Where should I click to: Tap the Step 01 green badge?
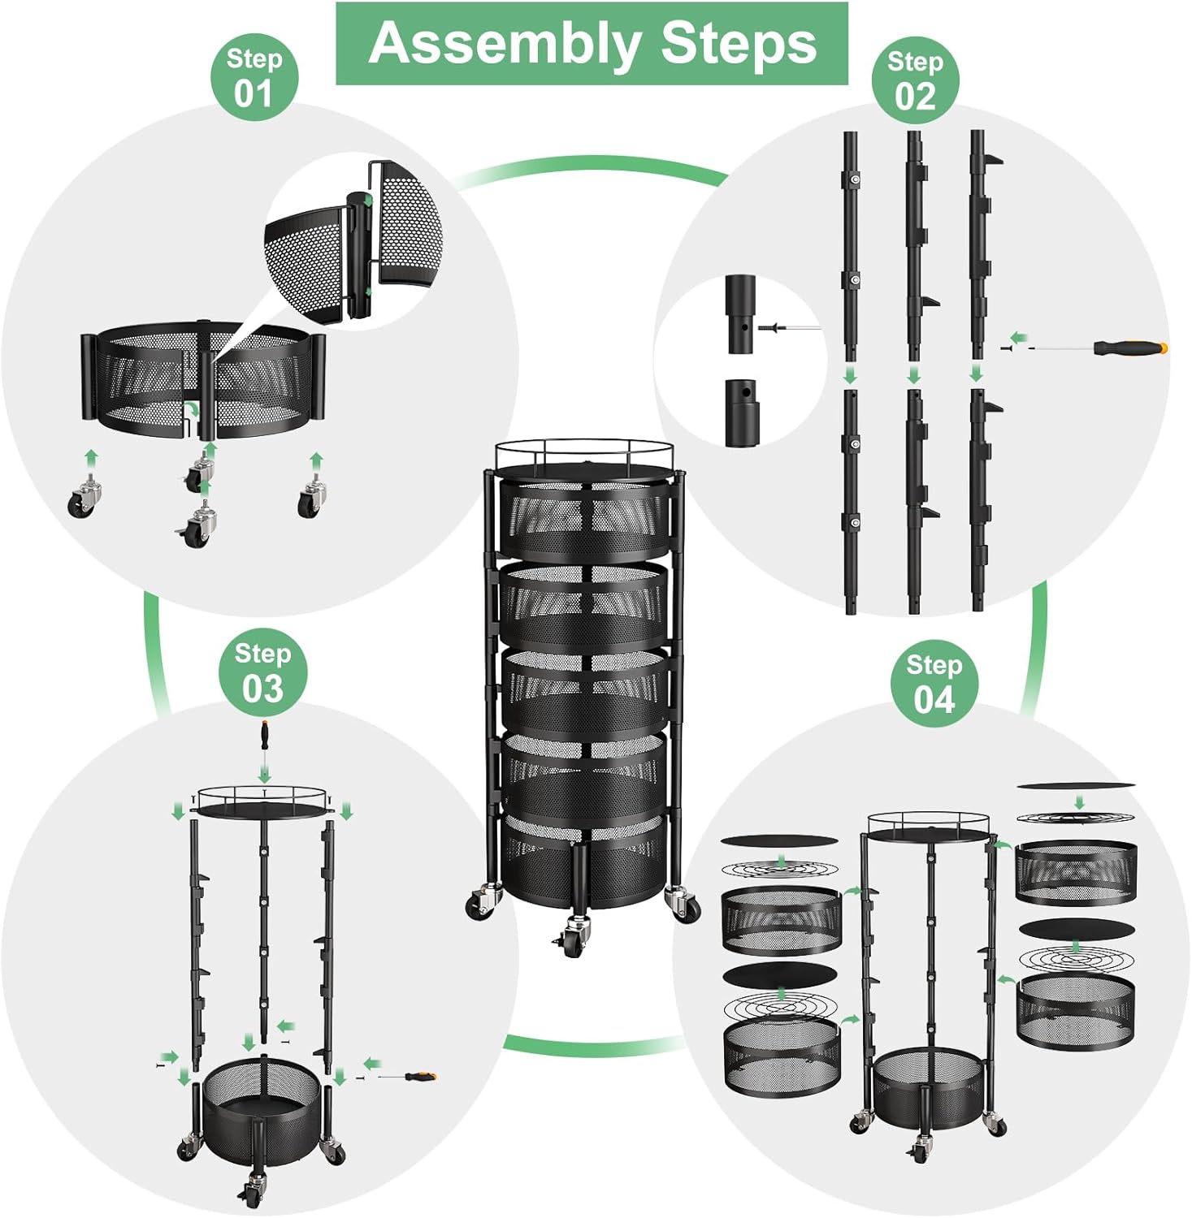(254, 78)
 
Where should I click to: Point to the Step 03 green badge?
(262, 673)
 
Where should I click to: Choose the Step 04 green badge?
(934, 684)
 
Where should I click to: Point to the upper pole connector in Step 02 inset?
(740, 314)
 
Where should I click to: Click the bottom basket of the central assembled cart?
(585, 861)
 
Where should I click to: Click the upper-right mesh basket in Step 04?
(1076, 873)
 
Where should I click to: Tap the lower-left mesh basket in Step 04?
(781, 1056)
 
